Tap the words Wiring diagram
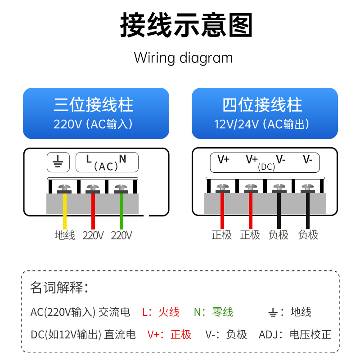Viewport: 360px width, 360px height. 183,58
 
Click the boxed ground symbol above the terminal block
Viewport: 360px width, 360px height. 58,162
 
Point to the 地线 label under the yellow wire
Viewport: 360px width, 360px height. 65,235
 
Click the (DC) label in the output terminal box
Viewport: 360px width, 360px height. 266,167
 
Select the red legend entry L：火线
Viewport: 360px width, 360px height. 161,312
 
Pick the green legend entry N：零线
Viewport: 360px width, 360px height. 214,312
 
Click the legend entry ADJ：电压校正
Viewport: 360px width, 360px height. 295,334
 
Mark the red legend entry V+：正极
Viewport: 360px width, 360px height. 170,334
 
